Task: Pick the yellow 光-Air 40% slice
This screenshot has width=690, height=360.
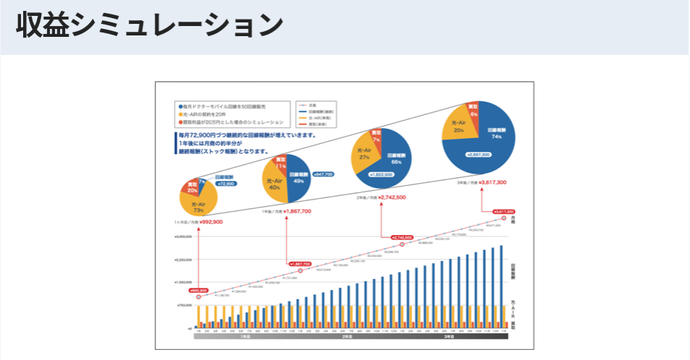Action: click(x=275, y=184)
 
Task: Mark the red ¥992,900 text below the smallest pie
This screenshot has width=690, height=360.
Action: click(x=211, y=222)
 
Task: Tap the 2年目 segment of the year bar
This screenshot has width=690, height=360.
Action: click(x=346, y=337)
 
